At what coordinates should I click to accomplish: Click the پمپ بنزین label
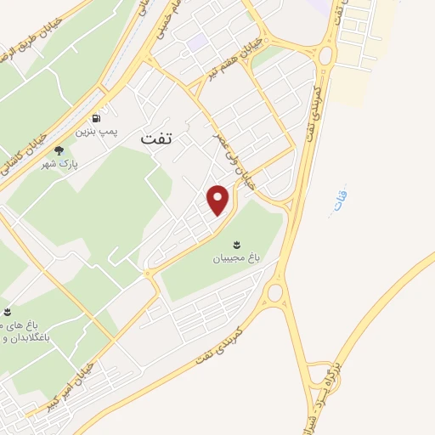(95, 132)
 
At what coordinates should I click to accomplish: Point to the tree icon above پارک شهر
(59, 150)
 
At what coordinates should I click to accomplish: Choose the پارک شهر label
(59, 163)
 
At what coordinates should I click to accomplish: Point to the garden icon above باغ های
(8, 313)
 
